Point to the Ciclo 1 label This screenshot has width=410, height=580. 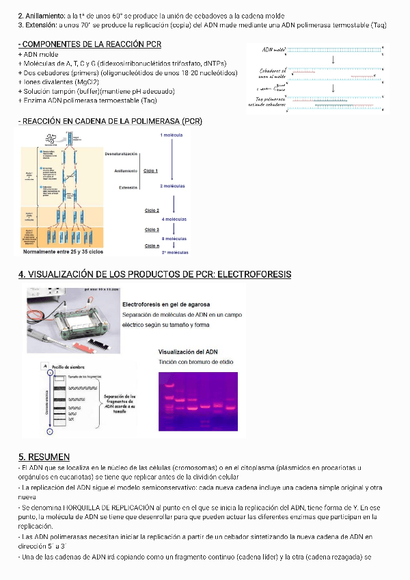click(151, 171)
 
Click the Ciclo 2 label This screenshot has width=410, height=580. click(152, 211)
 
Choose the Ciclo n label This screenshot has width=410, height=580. click(152, 244)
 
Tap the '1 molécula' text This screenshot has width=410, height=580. click(172, 135)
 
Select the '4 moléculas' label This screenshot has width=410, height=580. click(174, 219)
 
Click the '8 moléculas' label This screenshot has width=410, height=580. click(174, 238)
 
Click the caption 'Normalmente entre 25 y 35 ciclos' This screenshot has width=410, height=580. click(62, 252)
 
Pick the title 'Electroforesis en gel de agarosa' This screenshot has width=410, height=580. click(166, 304)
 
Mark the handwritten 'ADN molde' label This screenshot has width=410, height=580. click(273, 51)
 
